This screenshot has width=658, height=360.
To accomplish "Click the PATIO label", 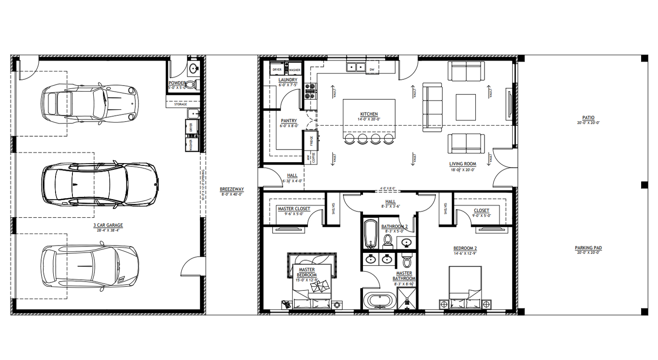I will tap(588, 118).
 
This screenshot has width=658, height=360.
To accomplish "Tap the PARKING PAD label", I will tap(588, 248).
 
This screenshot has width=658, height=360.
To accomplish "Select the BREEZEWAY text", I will tap(228, 189).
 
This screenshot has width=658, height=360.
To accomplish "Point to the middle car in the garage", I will tap(100, 182).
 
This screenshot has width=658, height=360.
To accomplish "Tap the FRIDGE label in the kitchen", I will tap(312, 141).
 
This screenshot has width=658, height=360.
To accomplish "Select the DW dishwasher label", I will tap(372, 70).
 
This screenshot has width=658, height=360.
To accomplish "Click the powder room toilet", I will tap(195, 84).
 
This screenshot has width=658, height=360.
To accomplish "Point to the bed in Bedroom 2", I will tap(465, 288).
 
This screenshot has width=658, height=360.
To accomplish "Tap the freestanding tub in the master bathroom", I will tap(379, 301).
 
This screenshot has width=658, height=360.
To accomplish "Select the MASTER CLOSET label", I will tap(294, 209).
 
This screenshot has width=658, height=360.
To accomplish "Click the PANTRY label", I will tap(289, 121).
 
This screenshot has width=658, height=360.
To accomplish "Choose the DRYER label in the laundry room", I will tap(277, 70).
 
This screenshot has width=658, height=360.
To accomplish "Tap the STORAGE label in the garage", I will tap(180, 104).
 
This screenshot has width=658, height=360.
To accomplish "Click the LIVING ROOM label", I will tap(463, 164).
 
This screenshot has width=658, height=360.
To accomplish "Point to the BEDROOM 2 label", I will tap(465, 248).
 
